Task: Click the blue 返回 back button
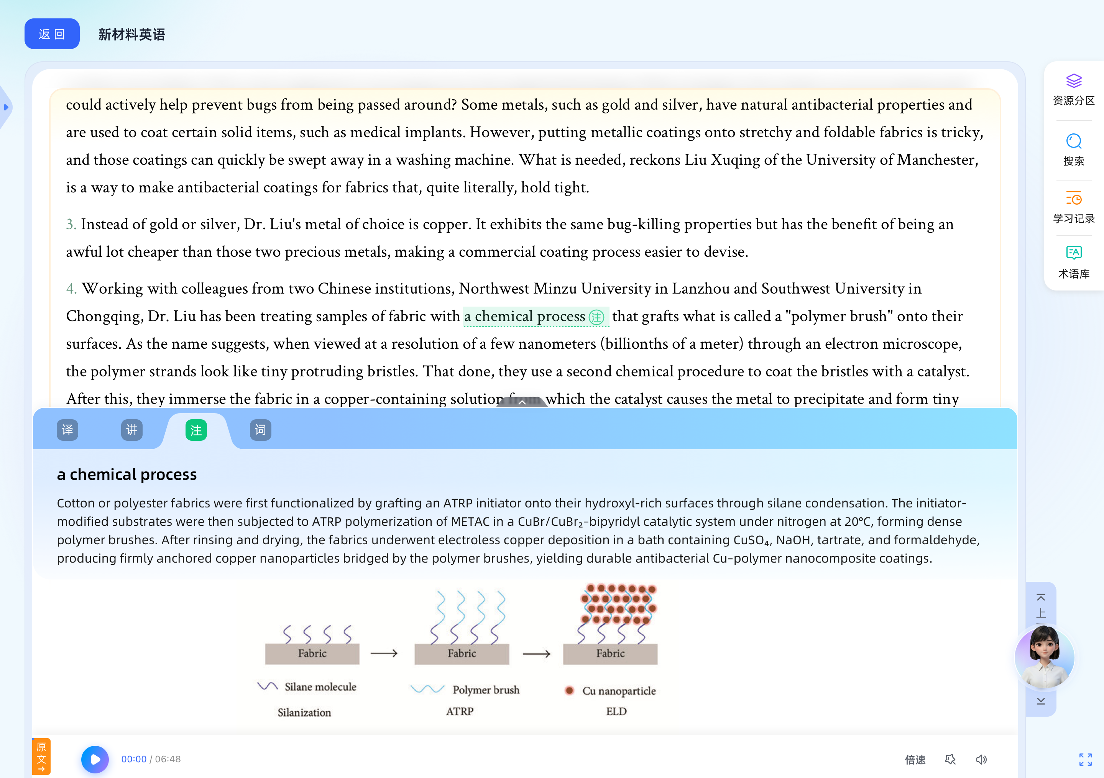tap(52, 34)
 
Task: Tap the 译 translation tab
tap(67, 430)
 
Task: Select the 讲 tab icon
tap(132, 430)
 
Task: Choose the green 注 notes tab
tap(196, 430)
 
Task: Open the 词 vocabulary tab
tap(261, 430)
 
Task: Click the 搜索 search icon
tap(1073, 142)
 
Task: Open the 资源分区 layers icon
tap(1073, 81)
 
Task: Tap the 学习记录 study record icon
tap(1073, 199)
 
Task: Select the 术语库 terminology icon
tap(1073, 253)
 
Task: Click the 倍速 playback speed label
tap(915, 760)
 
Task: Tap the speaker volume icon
tap(981, 760)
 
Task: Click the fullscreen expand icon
tap(1085, 760)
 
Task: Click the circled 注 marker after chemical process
tap(596, 317)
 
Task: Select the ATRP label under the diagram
tap(460, 712)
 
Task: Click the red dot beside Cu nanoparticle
tap(570, 691)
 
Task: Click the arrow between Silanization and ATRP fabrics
tap(384, 653)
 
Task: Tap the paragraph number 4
tap(71, 289)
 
